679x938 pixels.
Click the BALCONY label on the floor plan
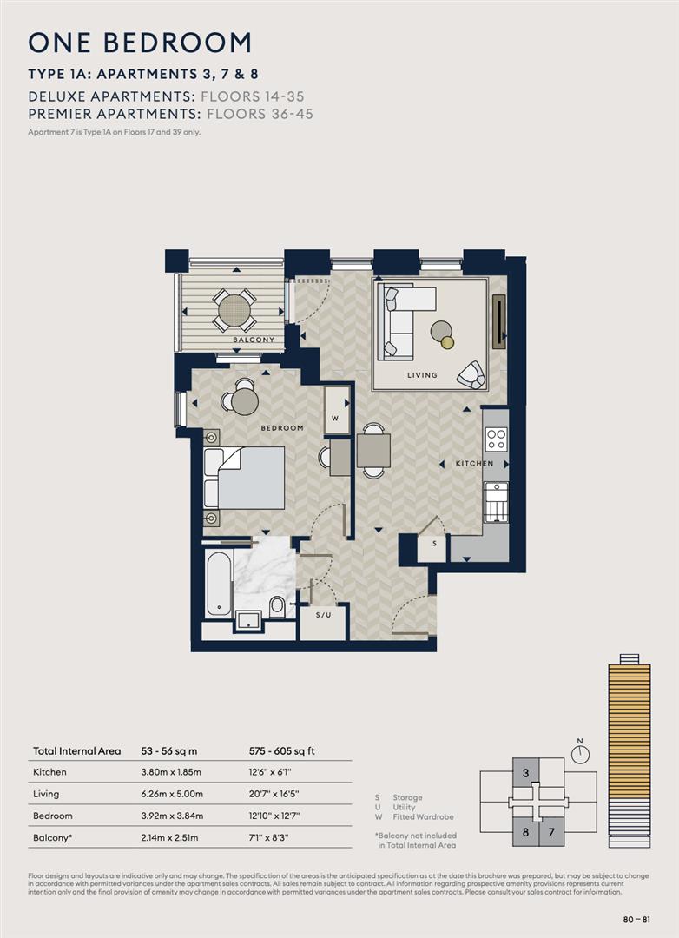click(254, 340)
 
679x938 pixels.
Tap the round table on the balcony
click(234, 308)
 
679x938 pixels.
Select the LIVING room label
click(422, 375)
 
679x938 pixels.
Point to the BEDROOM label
click(282, 428)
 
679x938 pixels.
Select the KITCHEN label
click(474, 464)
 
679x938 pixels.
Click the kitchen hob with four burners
click(496, 439)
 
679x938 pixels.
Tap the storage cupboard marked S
click(432, 546)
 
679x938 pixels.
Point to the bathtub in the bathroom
click(218, 582)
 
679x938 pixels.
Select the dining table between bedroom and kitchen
click(373, 451)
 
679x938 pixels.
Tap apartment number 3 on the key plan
click(525, 772)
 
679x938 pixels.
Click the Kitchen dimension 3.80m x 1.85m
click(172, 771)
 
